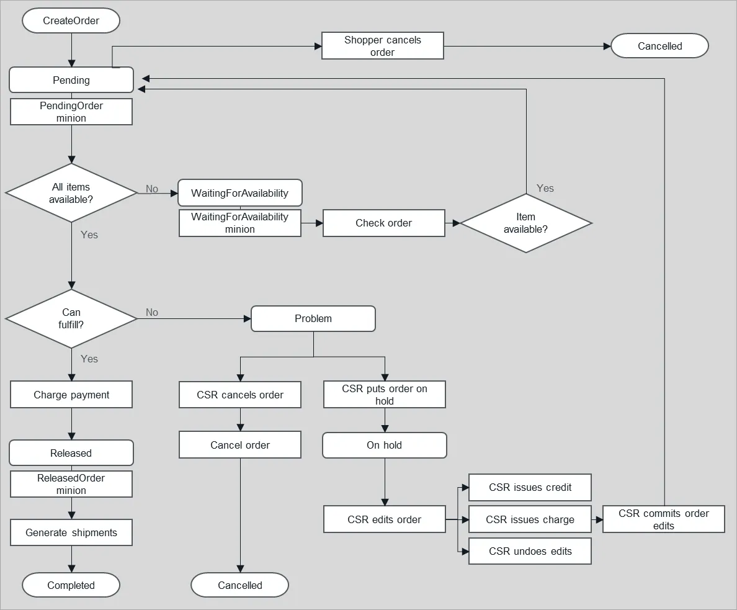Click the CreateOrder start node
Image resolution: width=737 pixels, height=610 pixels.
click(71, 20)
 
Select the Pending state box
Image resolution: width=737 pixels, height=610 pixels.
click(71, 80)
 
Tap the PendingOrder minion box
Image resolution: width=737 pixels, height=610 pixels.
click(71, 112)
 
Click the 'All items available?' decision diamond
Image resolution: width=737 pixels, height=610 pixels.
click(71, 193)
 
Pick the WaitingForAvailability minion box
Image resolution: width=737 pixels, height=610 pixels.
click(239, 223)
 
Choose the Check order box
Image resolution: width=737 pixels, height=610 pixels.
click(383, 223)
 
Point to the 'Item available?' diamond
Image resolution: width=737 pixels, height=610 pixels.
click(525, 223)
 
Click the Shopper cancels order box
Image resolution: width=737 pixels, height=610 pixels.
click(382, 46)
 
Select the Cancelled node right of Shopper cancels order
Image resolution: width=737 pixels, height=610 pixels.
click(659, 46)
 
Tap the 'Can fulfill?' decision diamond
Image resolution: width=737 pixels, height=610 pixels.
click(71, 318)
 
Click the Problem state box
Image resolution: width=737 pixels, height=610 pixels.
click(313, 318)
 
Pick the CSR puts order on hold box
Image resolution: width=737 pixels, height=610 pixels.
click(384, 395)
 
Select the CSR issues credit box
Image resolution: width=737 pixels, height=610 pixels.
click(530, 487)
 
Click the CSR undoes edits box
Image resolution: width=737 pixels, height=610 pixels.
click(530, 551)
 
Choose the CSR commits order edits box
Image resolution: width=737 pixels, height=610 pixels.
click(663, 519)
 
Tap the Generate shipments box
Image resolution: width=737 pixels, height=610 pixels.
click(71, 532)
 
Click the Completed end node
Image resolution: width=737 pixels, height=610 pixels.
click(71, 585)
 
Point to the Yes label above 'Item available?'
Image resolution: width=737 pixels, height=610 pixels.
click(545, 188)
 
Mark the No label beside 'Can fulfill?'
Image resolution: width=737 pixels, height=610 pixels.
click(152, 312)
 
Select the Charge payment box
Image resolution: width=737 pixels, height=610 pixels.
click(71, 395)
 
